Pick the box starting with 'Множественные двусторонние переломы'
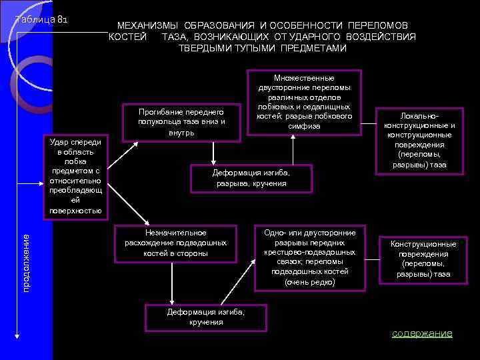(304, 101)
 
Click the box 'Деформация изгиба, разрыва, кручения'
(251, 178)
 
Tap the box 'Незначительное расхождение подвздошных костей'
(176, 243)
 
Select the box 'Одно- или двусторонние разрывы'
(310, 257)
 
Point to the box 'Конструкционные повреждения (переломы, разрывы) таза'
(423, 259)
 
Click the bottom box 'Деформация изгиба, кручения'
(206, 317)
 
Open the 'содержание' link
(421, 333)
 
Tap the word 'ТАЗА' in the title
(173, 37)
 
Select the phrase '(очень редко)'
(309, 283)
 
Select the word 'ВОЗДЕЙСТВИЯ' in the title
(382, 37)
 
